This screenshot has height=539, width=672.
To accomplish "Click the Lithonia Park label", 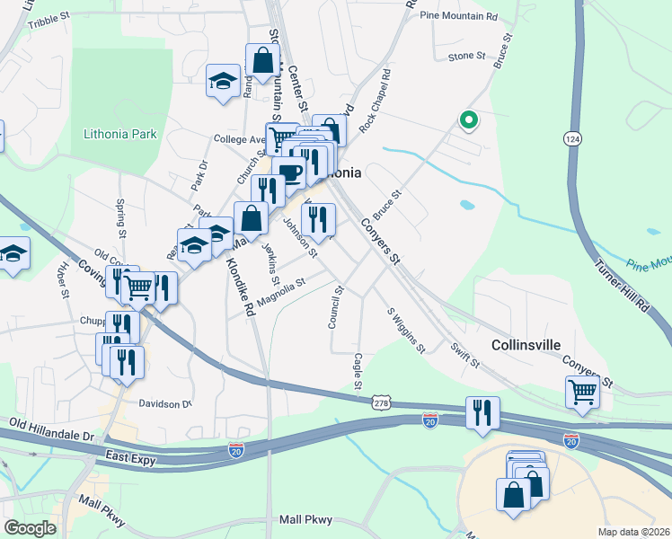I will click(x=119, y=135).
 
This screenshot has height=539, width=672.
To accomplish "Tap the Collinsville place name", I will click(x=526, y=345).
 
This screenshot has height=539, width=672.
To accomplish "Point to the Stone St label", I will click(x=466, y=57).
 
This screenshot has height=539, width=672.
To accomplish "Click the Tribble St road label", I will click(x=49, y=21).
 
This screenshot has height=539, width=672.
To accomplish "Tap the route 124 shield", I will click(x=573, y=139).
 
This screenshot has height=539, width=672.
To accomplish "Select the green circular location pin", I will click(x=467, y=119).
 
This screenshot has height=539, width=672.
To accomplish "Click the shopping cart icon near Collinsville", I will click(x=582, y=392).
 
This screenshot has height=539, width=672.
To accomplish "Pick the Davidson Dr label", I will click(x=165, y=403).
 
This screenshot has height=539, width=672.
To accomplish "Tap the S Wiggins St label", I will click(x=405, y=331).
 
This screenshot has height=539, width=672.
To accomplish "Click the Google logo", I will click(x=31, y=528).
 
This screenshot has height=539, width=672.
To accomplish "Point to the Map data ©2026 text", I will click(x=632, y=532).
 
